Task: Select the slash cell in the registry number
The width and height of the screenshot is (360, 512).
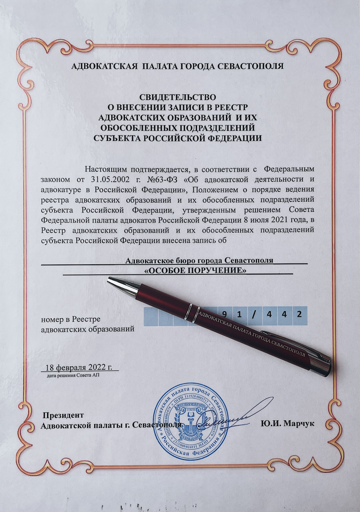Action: click(x=254, y=315)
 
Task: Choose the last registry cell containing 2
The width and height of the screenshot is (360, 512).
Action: click(x=299, y=315)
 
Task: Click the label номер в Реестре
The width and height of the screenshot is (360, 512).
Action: click(x=71, y=319)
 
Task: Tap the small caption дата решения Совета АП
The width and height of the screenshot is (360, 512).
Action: click(x=73, y=375)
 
